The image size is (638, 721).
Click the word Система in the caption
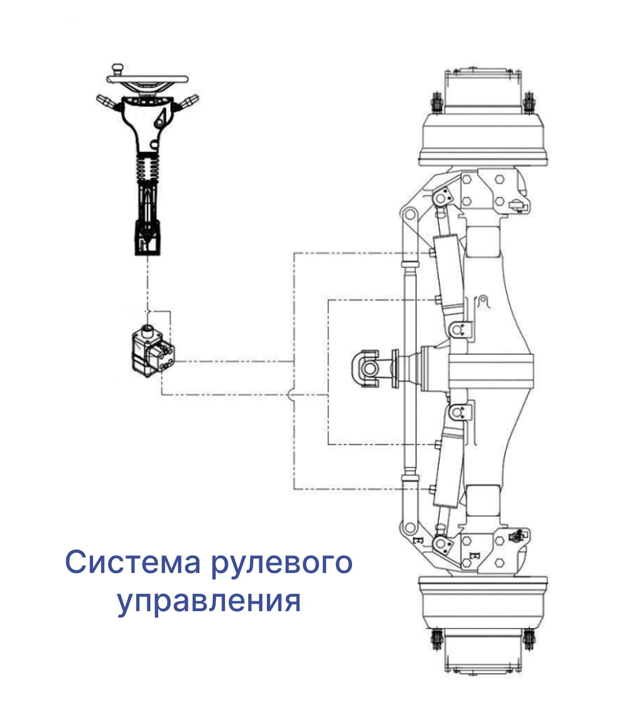(x=133, y=563)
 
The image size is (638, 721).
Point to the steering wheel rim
(x=147, y=79)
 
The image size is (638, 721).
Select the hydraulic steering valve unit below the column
(x=153, y=351)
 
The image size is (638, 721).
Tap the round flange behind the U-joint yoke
(x=395, y=368)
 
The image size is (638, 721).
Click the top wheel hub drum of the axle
(x=483, y=139)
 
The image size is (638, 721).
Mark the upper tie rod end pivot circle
(x=409, y=215)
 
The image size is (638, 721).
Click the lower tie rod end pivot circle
(x=408, y=528)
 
